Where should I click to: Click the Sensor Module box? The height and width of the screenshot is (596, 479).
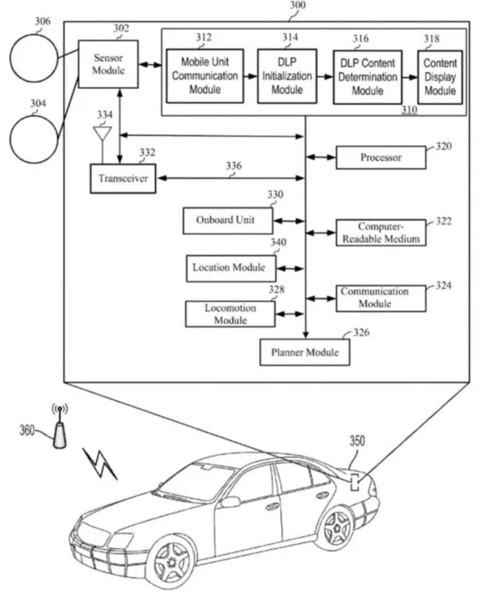(108, 64)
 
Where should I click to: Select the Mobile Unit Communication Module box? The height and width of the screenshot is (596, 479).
(205, 76)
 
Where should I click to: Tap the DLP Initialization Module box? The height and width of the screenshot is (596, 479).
(287, 76)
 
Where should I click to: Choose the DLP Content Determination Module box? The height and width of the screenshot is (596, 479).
(368, 77)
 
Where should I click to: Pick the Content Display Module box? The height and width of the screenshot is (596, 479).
(440, 77)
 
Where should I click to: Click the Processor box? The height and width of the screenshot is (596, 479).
(381, 157)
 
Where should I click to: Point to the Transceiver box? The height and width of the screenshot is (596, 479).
(123, 178)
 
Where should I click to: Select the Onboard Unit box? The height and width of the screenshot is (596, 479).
(228, 221)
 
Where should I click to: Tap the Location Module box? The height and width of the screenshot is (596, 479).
(231, 268)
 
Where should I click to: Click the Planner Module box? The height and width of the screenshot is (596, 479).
(305, 352)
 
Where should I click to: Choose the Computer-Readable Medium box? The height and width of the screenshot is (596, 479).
(381, 232)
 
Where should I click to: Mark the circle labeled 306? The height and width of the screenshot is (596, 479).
(34, 58)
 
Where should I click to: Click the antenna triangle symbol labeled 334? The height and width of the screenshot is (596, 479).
(102, 133)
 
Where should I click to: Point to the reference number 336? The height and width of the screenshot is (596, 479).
(234, 166)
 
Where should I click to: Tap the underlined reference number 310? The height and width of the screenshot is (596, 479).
(409, 110)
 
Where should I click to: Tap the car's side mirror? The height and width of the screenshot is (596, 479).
(230, 502)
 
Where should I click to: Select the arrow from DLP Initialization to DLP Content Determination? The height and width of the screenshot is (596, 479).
(325, 77)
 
